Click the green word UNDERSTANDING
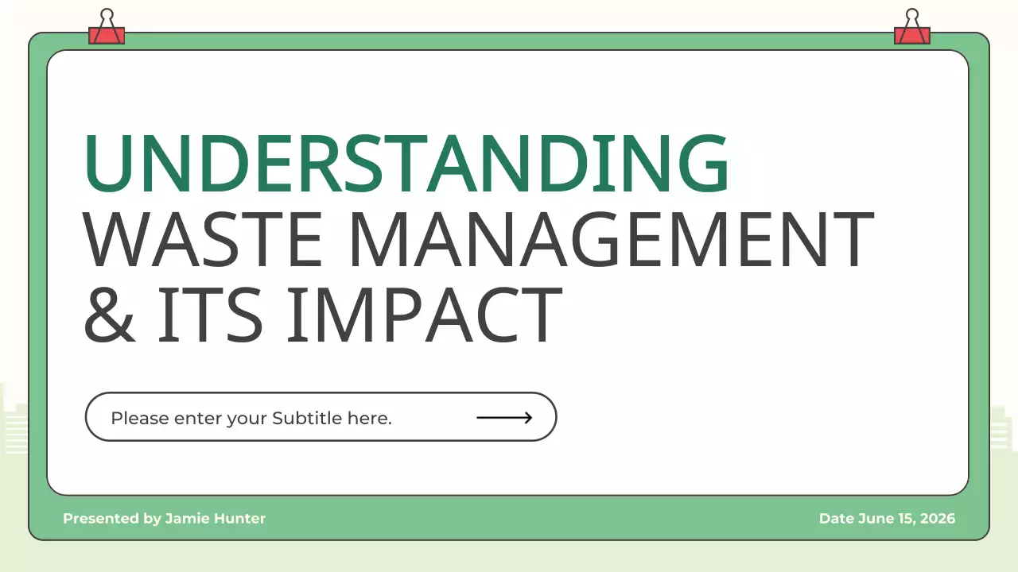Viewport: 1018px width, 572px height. (x=406, y=164)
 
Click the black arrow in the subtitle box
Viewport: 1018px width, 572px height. (x=504, y=417)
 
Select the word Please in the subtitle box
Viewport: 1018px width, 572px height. (x=140, y=418)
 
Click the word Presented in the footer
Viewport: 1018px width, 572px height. (x=102, y=519)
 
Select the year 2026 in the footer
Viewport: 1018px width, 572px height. (x=937, y=519)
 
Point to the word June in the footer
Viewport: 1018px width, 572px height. (x=873, y=519)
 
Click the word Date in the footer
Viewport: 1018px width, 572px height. (x=836, y=519)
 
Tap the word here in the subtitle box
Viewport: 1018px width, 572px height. (x=369, y=418)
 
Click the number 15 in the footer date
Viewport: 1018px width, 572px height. (x=903, y=519)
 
